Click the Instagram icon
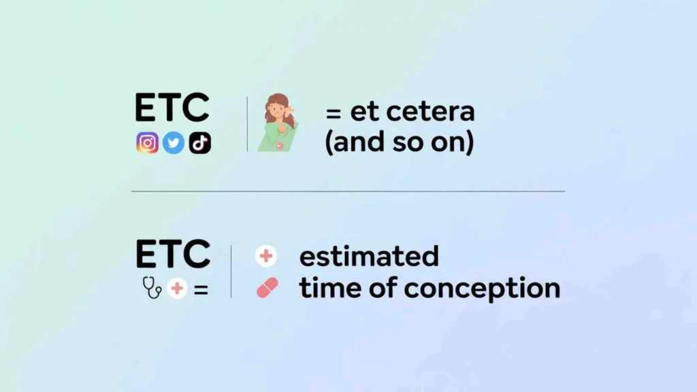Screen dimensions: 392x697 tap(147, 143)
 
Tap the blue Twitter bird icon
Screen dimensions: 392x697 tap(174, 143)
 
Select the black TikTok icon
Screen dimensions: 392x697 tap(200, 143)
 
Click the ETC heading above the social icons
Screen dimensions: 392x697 tap(172, 108)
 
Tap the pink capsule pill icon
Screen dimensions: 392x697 tap(267, 289)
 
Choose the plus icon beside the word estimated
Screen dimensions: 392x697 tap(266, 257)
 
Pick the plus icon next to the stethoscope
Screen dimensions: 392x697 tap(177, 289)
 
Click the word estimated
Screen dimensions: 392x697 tap(369, 257)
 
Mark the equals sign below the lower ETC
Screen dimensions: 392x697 tap(200, 289)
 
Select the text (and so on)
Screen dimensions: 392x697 tap(399, 144)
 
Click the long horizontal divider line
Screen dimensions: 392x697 tap(348, 191)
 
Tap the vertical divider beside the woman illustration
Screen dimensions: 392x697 tap(247, 124)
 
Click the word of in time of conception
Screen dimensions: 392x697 tap(380, 288)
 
